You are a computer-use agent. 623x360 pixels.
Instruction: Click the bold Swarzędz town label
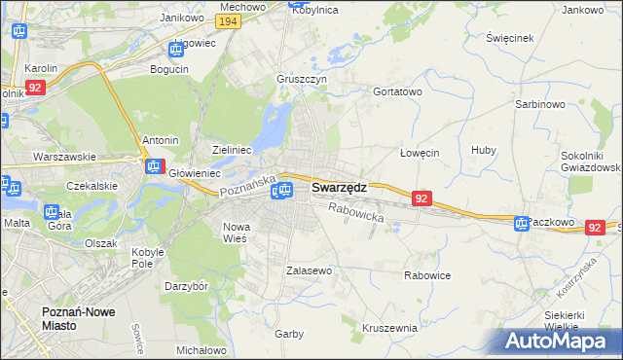coord(339,187)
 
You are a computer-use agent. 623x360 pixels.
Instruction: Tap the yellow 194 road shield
coord(229,21)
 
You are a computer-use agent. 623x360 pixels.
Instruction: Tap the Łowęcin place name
coord(421,153)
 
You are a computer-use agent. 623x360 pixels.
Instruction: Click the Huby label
coord(483,150)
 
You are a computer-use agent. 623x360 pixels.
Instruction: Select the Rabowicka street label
coord(356,212)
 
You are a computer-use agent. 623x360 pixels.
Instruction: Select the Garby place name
coord(289,334)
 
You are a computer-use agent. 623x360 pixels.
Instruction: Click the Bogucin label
coord(169,69)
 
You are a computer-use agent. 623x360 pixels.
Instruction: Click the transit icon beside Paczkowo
coord(521,224)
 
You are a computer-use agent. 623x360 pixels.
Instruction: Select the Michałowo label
coord(202,349)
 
